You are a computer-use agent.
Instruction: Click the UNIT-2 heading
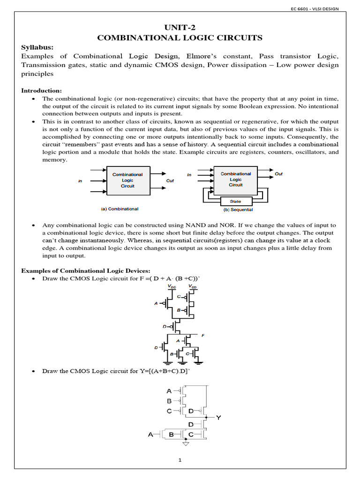point(180,28)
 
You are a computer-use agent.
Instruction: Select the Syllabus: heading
point(37,47)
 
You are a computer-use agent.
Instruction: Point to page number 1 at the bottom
point(180,460)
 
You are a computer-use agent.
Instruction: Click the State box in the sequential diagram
point(235,201)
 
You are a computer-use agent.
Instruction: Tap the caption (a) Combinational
point(120,209)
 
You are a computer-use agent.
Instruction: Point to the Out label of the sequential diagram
point(278,174)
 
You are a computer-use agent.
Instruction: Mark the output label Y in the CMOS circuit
point(218,416)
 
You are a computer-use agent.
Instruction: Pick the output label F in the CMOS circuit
point(202,336)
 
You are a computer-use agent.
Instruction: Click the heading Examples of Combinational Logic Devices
point(86,270)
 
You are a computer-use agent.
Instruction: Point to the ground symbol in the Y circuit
point(186,443)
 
